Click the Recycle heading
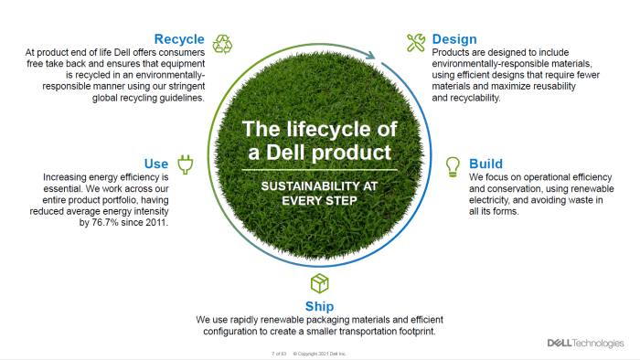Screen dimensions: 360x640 [x=178, y=39]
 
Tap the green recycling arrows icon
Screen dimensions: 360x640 [x=223, y=43]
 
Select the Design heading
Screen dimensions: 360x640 [x=454, y=39]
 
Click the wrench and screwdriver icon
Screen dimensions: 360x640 [x=415, y=42]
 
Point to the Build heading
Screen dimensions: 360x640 [x=485, y=164]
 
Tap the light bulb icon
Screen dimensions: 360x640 [x=452, y=165]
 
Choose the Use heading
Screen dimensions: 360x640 [x=156, y=164]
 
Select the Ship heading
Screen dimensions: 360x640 [x=319, y=306]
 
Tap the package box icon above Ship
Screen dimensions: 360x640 [x=319, y=282]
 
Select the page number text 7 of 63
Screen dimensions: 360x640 [x=278, y=353]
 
